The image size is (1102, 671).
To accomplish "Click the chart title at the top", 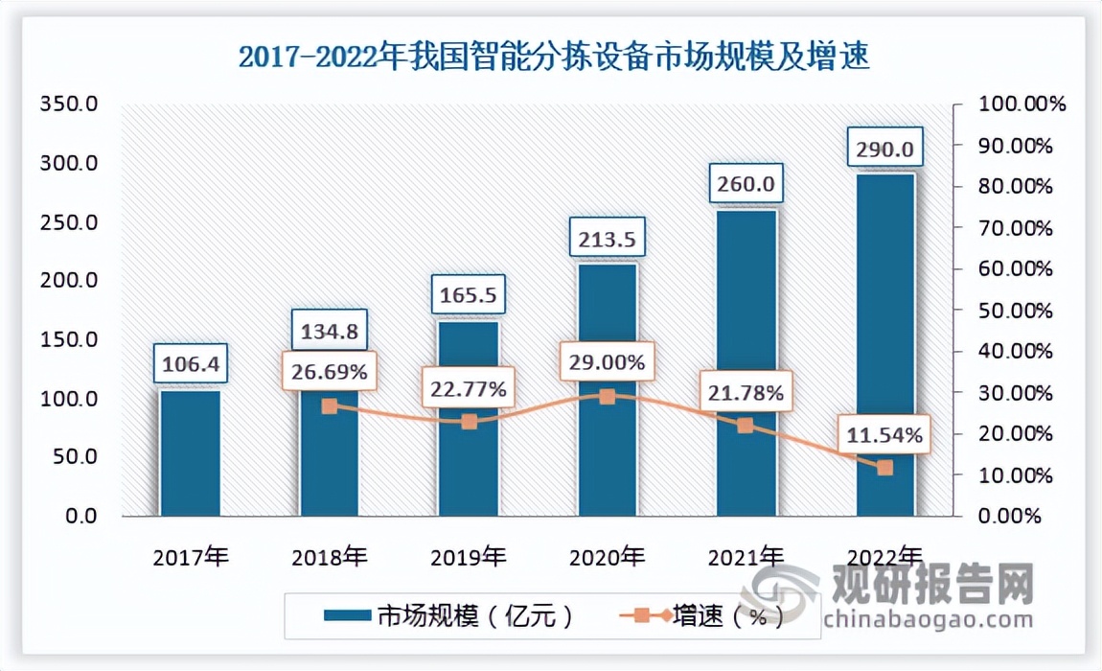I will [x=553, y=59].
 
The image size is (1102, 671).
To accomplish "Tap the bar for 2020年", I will [x=608, y=460].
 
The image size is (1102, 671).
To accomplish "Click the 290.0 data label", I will [x=884, y=150].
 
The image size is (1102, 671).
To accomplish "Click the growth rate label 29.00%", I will [x=607, y=363].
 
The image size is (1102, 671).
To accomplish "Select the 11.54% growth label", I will [x=884, y=436].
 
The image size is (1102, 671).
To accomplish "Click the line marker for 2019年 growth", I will [x=469, y=422].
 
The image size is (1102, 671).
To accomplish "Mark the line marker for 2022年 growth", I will [x=885, y=468].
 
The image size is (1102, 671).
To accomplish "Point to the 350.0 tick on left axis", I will [x=68, y=104].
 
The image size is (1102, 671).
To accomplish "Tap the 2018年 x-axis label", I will [x=329, y=556].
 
